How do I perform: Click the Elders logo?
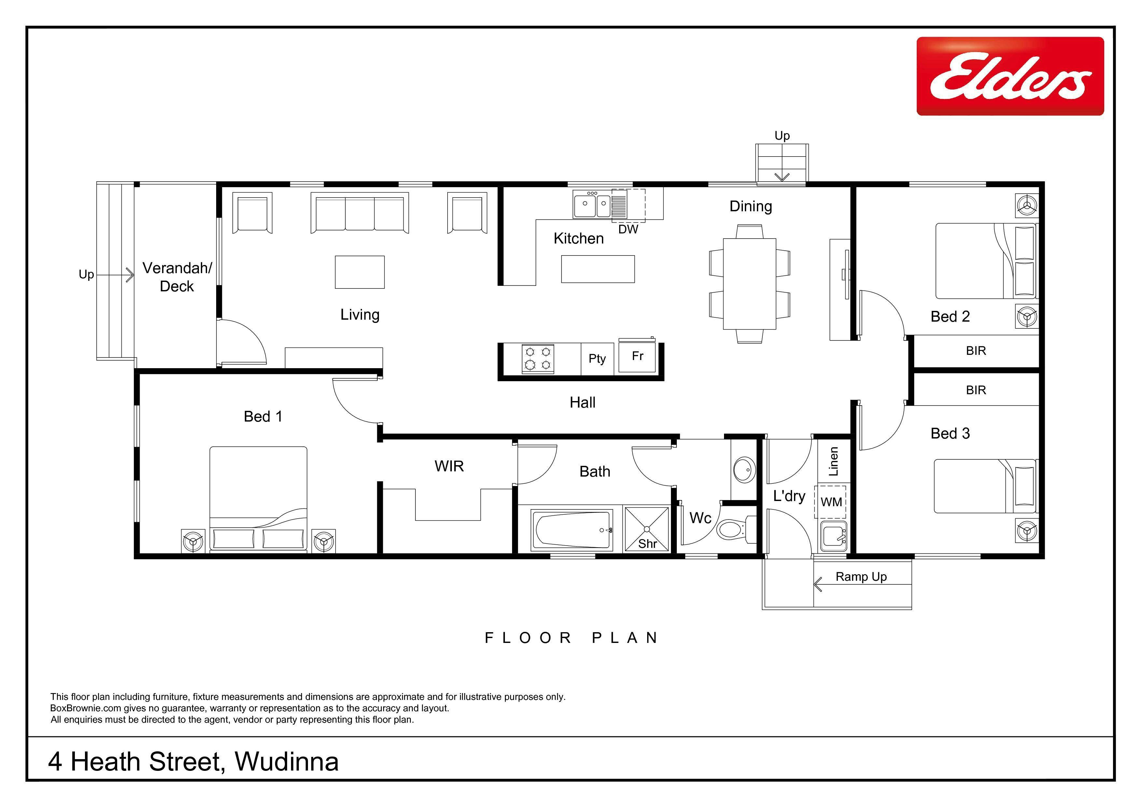1010,76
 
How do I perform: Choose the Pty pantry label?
597,358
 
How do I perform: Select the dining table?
750,284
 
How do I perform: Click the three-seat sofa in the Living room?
360,213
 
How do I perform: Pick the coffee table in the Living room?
360,272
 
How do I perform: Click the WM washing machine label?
831,502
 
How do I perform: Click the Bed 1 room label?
263,417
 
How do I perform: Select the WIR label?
449,466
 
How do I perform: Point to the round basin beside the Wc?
743,470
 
